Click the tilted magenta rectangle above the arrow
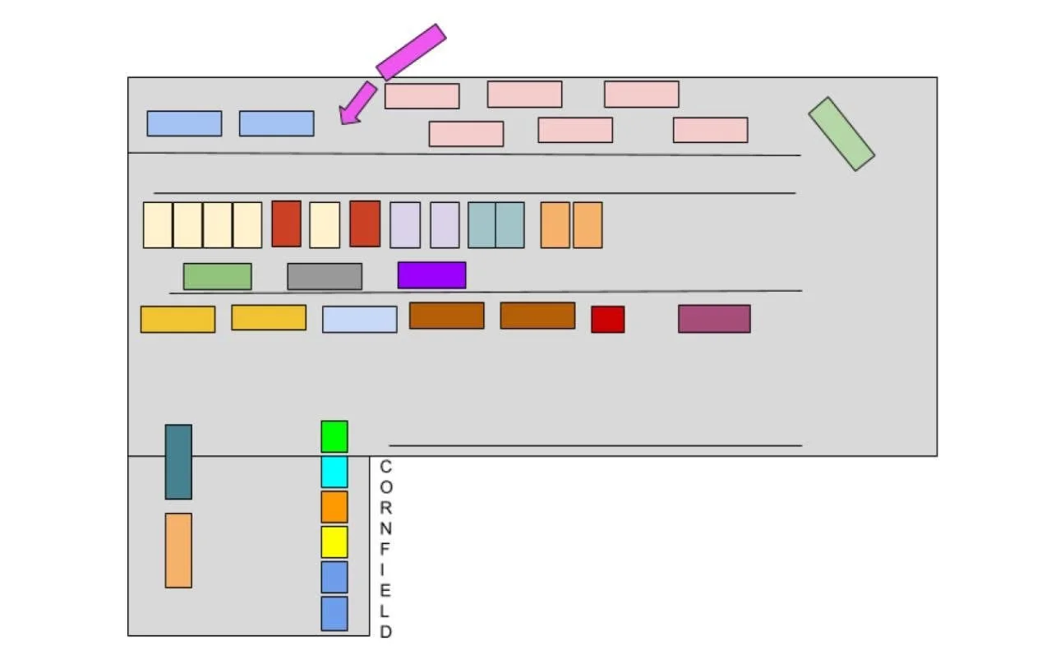tap(411, 52)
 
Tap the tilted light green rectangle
tap(841, 134)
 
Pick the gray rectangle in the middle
tap(325, 276)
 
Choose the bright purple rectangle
tap(431, 275)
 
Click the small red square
tap(607, 320)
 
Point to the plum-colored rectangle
tap(714, 319)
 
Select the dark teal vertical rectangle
tap(178, 462)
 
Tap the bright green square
tap(334, 436)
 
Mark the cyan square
tap(334, 472)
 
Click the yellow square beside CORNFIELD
tap(334, 542)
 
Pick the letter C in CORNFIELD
tap(386, 467)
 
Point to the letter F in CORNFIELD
tap(386, 550)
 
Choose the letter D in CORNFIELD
tap(386, 632)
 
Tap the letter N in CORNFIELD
tap(386, 528)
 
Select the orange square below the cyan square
tap(334, 507)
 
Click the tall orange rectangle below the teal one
tap(178, 551)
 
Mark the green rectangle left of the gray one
tap(217, 276)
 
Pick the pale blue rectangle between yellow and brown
tap(359, 320)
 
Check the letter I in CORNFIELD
tap(386, 569)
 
